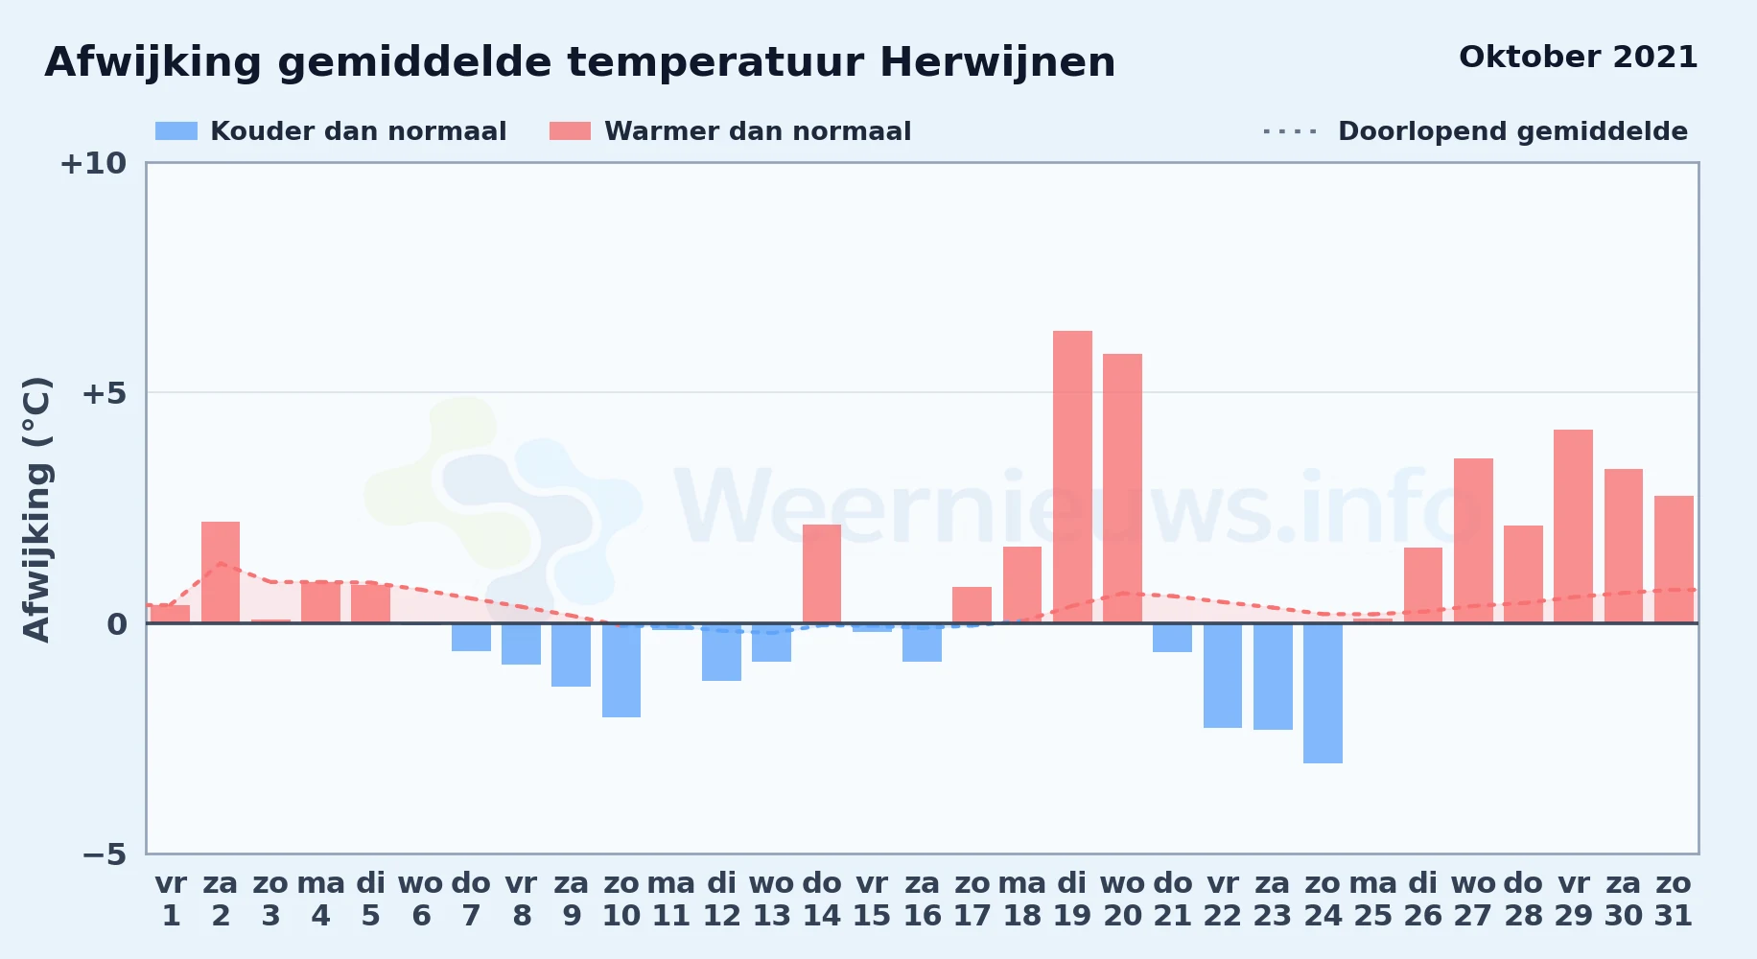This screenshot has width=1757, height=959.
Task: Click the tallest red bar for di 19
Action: point(1072,477)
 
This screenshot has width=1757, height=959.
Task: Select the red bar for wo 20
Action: point(1122,488)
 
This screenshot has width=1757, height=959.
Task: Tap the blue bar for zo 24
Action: point(1323,693)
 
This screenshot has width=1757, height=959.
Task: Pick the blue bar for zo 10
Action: point(621,670)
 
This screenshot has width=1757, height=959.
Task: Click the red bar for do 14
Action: point(822,573)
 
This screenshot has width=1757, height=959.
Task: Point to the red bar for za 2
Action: point(221,573)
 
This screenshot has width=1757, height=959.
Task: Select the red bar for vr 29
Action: point(1573,526)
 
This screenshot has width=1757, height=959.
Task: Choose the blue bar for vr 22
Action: point(1223,676)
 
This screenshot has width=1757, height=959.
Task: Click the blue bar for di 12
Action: point(721,652)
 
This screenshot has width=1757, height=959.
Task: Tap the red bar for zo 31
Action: point(1674,559)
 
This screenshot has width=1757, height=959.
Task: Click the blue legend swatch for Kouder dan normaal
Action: point(176,131)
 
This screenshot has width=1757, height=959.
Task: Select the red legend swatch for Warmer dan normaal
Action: point(570,131)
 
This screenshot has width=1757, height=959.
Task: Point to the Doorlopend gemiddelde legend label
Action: point(1512,131)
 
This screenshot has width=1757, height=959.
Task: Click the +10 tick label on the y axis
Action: point(93,163)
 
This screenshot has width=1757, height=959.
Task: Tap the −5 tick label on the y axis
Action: point(105,854)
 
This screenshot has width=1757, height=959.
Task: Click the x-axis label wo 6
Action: point(421,899)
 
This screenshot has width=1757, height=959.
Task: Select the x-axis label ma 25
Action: point(1372,899)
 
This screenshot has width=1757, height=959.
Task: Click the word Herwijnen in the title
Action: point(997,63)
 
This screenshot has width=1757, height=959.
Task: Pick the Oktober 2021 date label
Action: point(1578,58)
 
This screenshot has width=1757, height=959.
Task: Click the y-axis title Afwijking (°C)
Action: point(36,509)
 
